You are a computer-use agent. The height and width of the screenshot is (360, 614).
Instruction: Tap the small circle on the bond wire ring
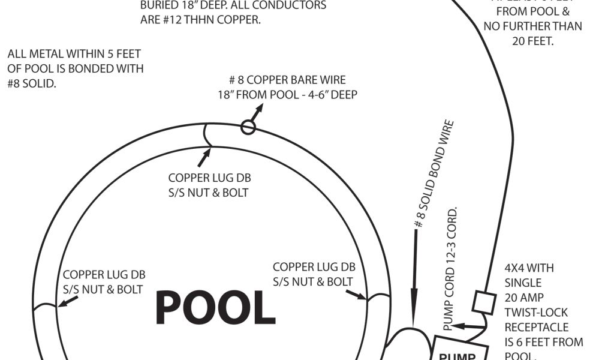point(248,127)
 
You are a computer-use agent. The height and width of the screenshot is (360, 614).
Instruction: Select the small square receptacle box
point(483,302)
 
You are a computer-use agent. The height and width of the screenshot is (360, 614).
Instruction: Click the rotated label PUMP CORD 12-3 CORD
point(453,269)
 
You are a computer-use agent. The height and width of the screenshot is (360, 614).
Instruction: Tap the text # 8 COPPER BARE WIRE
point(287,80)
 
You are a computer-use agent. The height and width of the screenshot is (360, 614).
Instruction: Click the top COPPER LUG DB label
point(209,178)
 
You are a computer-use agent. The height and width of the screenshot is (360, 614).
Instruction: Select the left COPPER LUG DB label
point(104,275)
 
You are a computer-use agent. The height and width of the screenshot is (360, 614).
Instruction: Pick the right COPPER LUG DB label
point(314,267)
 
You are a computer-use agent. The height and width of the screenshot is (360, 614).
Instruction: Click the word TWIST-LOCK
point(536,313)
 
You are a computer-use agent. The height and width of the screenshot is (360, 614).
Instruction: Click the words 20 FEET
point(532,41)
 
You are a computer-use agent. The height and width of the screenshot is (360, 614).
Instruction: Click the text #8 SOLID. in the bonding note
point(32,83)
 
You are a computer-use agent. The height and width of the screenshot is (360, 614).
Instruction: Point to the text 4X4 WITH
point(529,268)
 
